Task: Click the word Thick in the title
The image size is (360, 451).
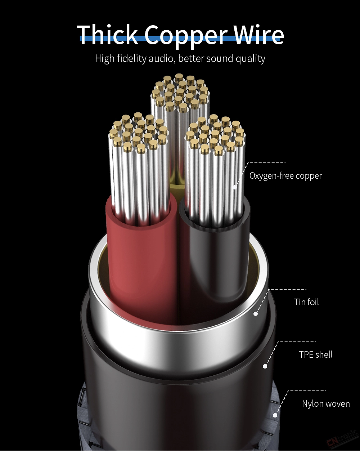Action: [x=107, y=34]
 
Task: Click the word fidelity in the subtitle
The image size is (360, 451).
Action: [x=131, y=59]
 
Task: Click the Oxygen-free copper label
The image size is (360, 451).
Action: [x=285, y=176]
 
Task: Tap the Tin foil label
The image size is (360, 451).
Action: [x=306, y=302]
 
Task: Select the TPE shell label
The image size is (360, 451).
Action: [x=316, y=354]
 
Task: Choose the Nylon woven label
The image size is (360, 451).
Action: [x=326, y=404]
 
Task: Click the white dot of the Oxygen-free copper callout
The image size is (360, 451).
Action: [x=235, y=187]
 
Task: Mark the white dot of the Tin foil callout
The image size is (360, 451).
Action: [x=256, y=314]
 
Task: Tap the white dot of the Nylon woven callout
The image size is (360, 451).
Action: [x=275, y=415]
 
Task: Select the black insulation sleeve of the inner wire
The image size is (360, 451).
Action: [x=218, y=251]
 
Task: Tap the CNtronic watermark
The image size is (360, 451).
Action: [x=342, y=440]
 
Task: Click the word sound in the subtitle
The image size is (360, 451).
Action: [x=219, y=59]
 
